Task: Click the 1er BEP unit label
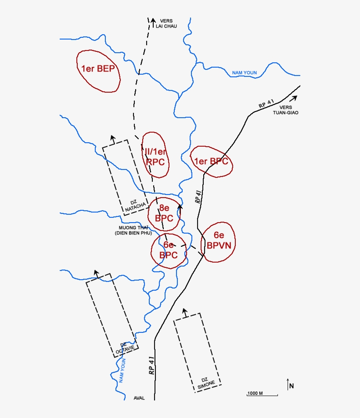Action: pyautogui.click(x=98, y=68)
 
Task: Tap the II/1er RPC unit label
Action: pyautogui.click(x=156, y=157)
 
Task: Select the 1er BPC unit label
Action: pyautogui.click(x=211, y=161)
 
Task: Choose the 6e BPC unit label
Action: pyautogui.click(x=168, y=250)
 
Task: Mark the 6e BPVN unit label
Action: pyautogui.click(x=219, y=241)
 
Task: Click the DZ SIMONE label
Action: pyautogui.click(x=205, y=382)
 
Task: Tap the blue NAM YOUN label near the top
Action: pyautogui.click(x=245, y=73)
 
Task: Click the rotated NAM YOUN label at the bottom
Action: pyautogui.click(x=122, y=371)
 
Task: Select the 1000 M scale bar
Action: pyautogui.click(x=262, y=394)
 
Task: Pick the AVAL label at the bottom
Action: pyautogui.click(x=139, y=398)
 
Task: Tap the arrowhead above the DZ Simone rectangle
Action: pyautogui.click(x=185, y=310)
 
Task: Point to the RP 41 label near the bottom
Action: pyautogui.click(x=151, y=365)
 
